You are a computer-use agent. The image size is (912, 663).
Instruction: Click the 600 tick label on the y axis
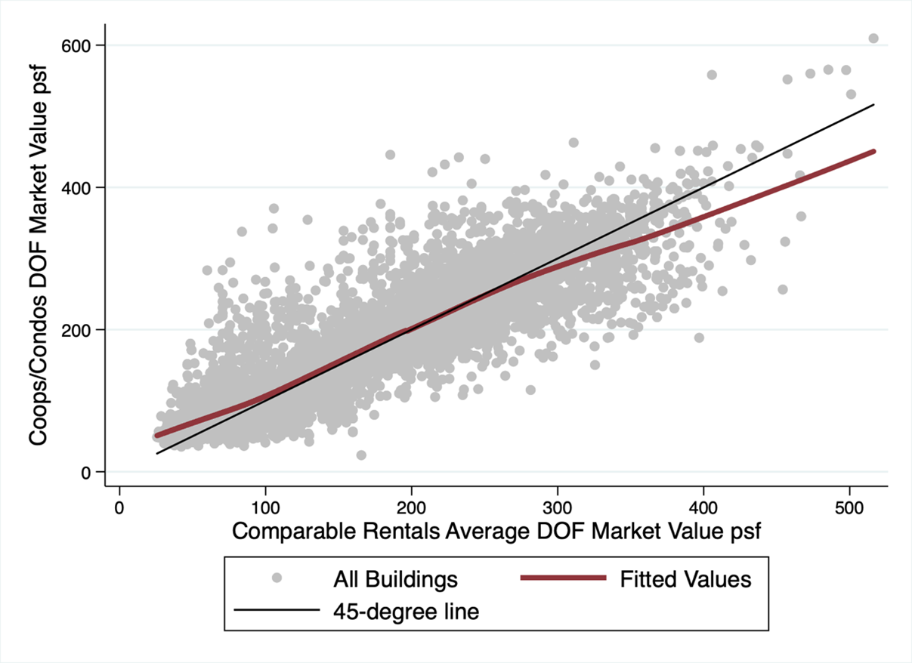coord(76,46)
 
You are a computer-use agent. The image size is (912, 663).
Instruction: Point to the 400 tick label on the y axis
coord(76,188)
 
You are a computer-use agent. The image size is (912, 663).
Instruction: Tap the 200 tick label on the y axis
coord(76,330)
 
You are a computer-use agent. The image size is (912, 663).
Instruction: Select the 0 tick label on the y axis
coord(85,473)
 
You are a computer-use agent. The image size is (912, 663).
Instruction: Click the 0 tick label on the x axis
coord(119,508)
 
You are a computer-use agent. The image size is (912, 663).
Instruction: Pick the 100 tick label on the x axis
coord(265,508)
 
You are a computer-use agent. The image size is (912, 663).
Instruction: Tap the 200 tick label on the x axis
coord(411,508)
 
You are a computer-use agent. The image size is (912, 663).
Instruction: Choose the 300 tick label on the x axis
coord(558,508)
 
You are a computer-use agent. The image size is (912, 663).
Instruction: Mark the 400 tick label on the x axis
coord(703,508)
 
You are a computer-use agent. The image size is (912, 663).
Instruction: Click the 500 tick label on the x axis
coord(849,508)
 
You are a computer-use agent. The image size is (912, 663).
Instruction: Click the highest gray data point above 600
coord(873,39)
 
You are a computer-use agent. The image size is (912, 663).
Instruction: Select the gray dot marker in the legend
coord(277,578)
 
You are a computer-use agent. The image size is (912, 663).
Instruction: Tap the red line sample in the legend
coord(564,578)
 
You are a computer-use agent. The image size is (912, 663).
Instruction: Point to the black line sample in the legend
coord(277,609)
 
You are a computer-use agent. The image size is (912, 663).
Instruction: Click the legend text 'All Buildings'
coord(395,579)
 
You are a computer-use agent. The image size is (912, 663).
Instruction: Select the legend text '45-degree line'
coord(407,612)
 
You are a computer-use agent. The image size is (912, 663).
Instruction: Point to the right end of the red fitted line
coord(873,152)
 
